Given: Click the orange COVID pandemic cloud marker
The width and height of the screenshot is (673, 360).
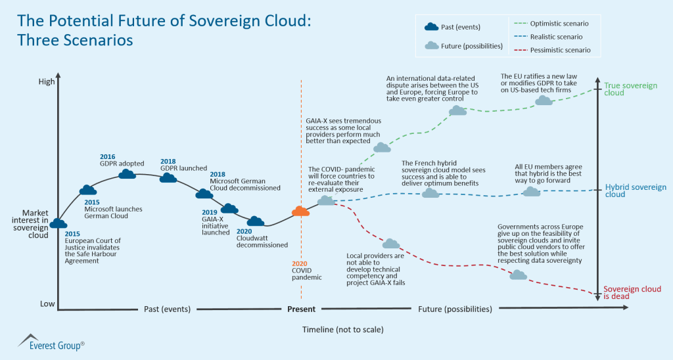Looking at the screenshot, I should [300, 211].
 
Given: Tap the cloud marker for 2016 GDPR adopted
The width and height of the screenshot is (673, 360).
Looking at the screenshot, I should [128, 173].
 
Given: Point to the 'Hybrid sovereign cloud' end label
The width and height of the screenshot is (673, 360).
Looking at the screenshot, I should [635, 191].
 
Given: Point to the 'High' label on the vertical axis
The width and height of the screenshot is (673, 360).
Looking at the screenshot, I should [47, 82].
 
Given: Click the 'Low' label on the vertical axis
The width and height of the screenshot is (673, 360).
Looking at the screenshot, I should [47, 304].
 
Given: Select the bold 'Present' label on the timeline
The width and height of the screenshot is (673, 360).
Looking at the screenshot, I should [301, 309].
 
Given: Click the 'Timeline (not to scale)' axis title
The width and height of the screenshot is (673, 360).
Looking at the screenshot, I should [342, 328].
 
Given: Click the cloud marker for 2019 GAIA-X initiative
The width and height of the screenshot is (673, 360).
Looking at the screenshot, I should [228, 209].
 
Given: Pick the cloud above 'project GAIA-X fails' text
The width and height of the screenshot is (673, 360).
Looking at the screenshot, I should [391, 244].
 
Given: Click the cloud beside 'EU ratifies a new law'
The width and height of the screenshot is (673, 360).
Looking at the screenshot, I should [544, 101].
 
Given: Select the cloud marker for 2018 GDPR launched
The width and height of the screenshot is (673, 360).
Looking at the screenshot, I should [168, 177].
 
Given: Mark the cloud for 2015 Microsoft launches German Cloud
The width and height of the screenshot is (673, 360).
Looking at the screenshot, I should [87, 191].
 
